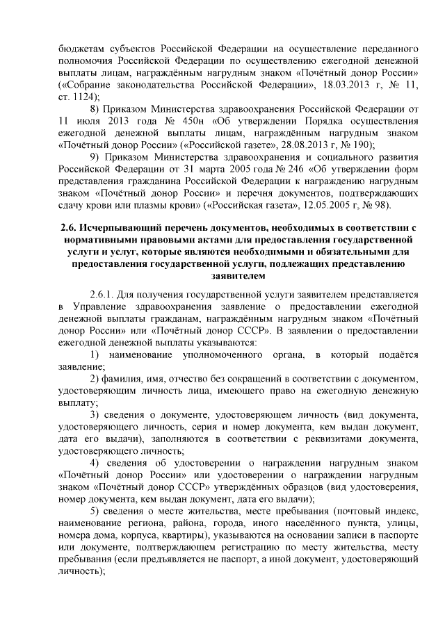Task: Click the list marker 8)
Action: click(97, 109)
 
